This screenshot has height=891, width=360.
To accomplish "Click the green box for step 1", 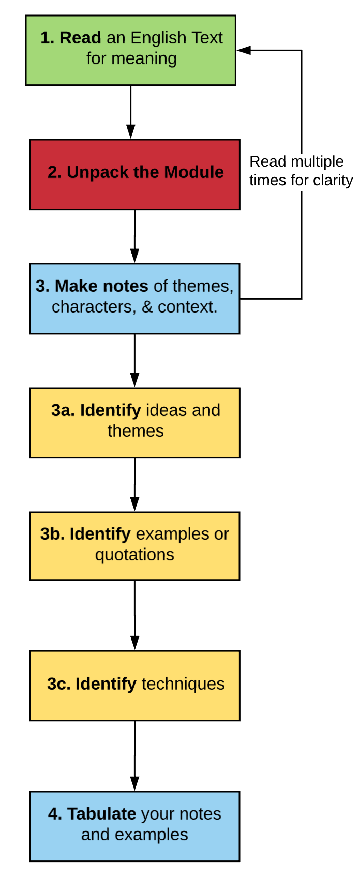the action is point(131,50).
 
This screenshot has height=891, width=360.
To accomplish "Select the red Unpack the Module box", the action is point(134,174).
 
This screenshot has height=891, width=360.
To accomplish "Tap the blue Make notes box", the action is point(134,299).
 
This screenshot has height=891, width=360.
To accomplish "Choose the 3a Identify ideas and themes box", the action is point(134,423).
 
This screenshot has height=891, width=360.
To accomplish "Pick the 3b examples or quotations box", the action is point(134,546).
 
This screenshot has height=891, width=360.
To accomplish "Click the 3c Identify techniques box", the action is point(134,686).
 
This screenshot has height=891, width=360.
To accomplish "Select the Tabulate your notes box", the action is point(134,826).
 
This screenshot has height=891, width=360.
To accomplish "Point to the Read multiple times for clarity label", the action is point(301,171).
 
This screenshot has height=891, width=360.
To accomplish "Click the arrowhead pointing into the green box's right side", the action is point(244,50).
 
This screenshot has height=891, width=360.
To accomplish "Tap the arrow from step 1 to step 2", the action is point(131,112).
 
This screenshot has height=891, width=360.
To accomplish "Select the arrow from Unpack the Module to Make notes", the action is point(134,236).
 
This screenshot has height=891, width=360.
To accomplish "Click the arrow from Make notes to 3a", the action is point(134,361).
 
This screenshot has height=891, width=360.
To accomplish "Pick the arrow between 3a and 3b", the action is point(134,485).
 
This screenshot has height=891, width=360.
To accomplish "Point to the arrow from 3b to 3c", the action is point(134,615).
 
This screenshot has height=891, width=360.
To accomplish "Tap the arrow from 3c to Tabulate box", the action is point(134,756).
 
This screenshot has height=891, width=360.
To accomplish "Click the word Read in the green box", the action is point(80,38).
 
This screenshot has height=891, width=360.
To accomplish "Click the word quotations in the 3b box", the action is point(134,555).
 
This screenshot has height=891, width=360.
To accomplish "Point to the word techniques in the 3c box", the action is point(183,684).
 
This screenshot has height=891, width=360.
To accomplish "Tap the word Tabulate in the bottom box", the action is point(101,814).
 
